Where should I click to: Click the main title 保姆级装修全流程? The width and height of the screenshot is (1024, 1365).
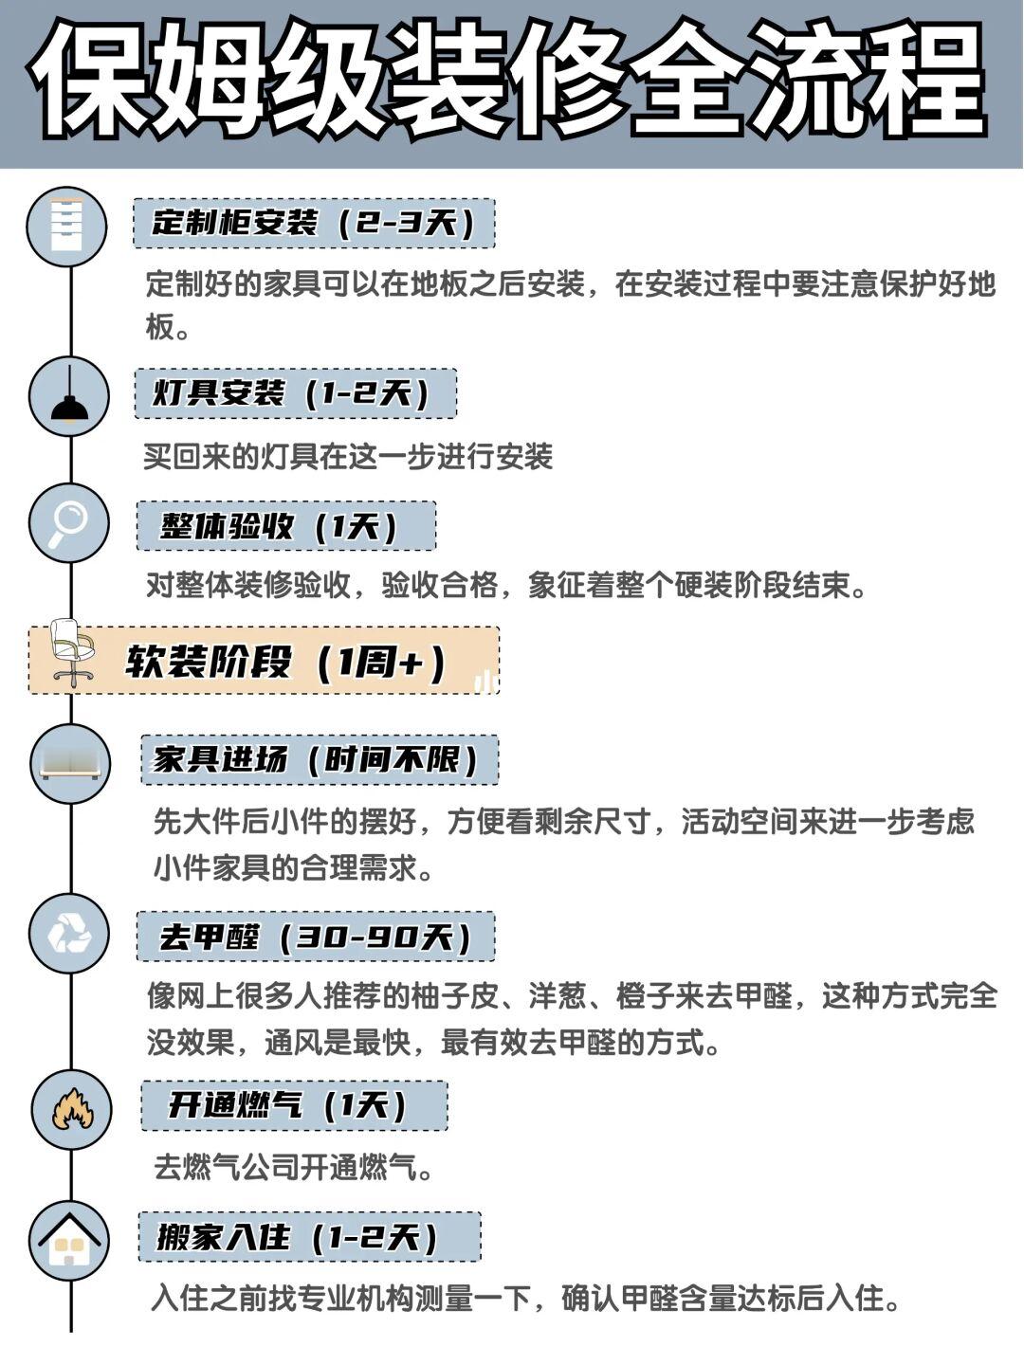(x=512, y=83)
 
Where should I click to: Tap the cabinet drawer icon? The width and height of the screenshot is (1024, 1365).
(x=67, y=226)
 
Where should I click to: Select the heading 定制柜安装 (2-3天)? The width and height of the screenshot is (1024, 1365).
(x=314, y=224)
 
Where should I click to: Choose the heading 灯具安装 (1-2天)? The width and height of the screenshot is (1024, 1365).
(x=295, y=393)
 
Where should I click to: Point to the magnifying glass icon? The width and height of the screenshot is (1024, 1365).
(x=69, y=522)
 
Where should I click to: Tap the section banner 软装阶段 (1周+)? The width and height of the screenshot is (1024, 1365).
(x=284, y=661)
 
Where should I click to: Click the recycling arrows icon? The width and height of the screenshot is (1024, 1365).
(x=70, y=934)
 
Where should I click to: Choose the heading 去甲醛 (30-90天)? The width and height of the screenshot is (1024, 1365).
(x=316, y=937)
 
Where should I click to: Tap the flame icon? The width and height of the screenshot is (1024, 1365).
(x=72, y=1108)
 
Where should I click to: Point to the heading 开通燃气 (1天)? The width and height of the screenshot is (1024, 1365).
(x=294, y=1105)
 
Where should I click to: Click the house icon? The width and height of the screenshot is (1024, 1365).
(x=70, y=1239)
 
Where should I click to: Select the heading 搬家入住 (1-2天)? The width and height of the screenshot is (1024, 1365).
(x=309, y=1236)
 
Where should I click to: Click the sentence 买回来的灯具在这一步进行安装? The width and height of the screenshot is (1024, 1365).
(x=348, y=457)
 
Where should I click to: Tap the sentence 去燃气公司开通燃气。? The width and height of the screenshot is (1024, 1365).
(x=294, y=1167)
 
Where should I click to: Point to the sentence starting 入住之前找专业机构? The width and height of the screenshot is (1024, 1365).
(x=526, y=1298)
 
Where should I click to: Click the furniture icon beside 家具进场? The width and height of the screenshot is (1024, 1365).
(x=70, y=764)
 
